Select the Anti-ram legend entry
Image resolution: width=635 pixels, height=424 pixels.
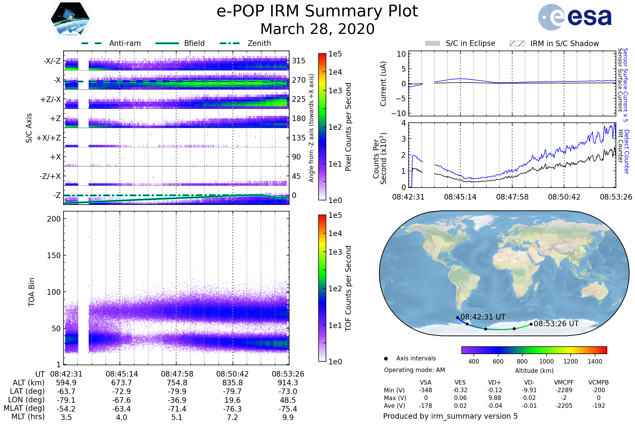125,43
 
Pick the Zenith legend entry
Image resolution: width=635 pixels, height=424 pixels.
259,43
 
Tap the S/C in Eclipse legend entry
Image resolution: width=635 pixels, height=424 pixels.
470,43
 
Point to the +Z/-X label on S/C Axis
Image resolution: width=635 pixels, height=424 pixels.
51,100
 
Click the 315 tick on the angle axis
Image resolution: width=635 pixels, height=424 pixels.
298,61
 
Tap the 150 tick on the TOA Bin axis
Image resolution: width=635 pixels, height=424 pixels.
54,255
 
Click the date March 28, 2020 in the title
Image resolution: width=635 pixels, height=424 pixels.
317,29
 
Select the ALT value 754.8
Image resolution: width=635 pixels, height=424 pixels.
177,383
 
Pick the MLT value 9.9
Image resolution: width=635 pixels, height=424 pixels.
288,417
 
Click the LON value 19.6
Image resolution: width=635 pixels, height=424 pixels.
232,400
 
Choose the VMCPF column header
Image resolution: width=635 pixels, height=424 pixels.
564,383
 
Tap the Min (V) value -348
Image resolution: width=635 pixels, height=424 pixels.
425,390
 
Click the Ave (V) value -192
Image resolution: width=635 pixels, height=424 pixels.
598,406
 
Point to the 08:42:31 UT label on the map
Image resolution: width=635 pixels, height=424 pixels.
483,317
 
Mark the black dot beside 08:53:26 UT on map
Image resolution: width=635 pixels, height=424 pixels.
531,324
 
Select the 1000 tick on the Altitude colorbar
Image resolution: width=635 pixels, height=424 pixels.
546,361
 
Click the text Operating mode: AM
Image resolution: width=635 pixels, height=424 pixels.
414,370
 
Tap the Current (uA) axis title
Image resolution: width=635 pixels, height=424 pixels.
383,84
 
